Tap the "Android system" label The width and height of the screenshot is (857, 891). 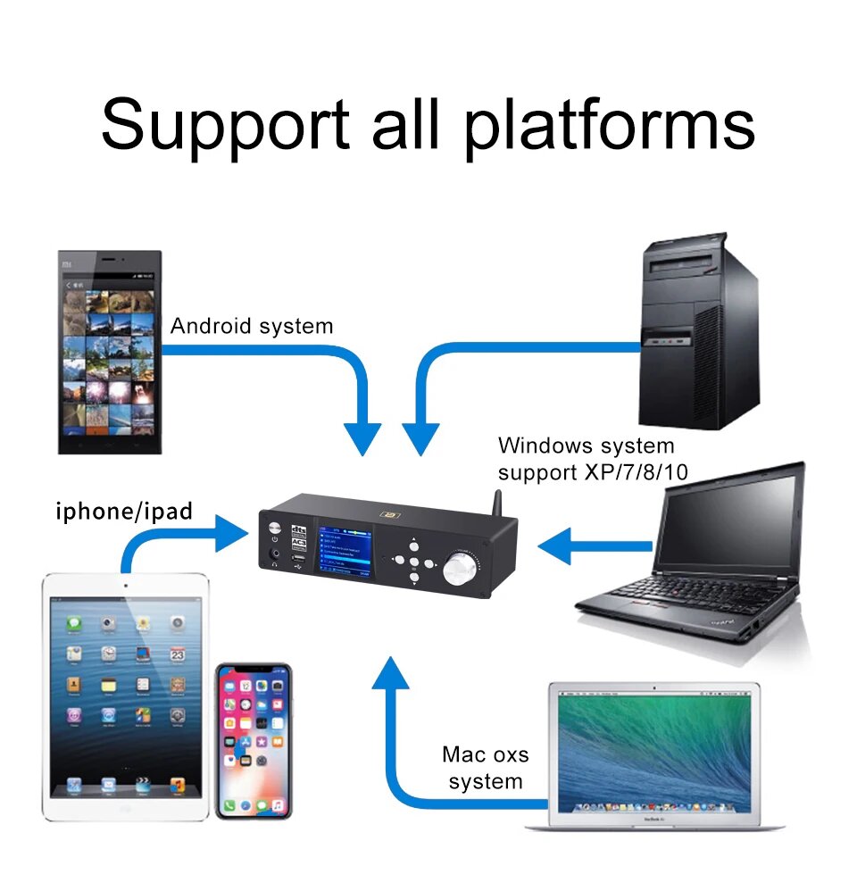(x=252, y=326)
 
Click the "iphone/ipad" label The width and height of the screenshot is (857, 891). (x=124, y=512)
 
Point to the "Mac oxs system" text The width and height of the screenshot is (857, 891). (x=485, y=768)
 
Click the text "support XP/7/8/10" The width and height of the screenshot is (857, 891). (x=593, y=472)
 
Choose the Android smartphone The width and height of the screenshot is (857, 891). (x=110, y=352)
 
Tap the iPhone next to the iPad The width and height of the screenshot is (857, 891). (x=254, y=740)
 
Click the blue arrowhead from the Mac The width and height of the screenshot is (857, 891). (x=390, y=675)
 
